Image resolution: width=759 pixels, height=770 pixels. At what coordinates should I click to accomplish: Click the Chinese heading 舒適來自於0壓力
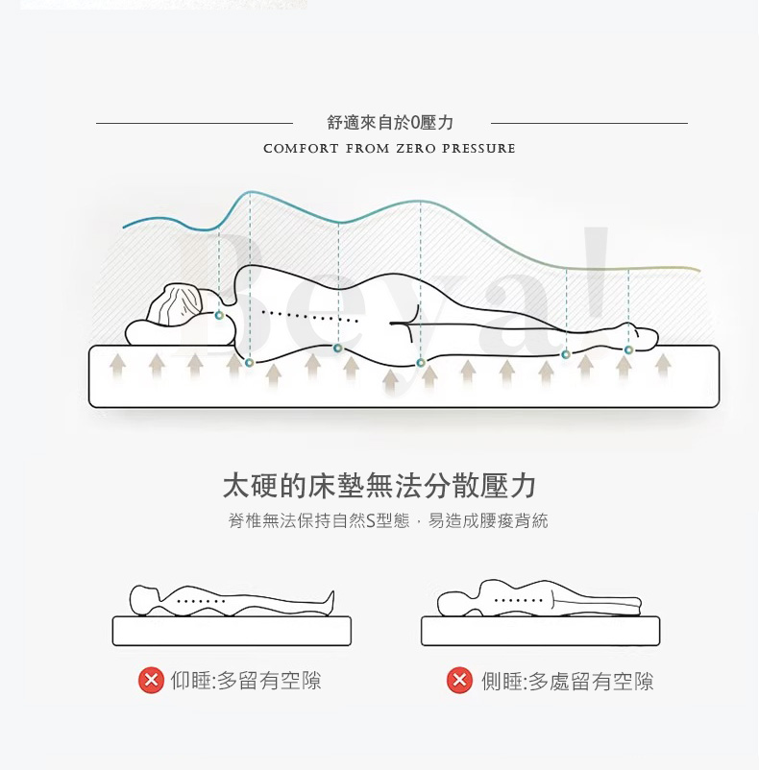(x=390, y=123)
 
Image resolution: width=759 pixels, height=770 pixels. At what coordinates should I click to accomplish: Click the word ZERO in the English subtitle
(x=416, y=148)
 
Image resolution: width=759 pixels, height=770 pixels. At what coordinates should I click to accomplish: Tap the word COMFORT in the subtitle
(x=301, y=148)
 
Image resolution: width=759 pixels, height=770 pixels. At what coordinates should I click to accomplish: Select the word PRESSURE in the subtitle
(x=478, y=148)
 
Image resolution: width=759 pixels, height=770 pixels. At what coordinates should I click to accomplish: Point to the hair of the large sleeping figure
(x=175, y=304)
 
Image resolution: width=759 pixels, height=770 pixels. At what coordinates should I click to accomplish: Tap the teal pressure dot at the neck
(x=220, y=315)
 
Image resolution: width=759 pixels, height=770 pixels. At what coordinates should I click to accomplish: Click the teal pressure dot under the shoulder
(x=249, y=362)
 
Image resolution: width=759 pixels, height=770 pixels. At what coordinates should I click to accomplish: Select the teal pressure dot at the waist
(x=337, y=349)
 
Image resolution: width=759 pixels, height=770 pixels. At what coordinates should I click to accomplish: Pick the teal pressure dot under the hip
(x=421, y=362)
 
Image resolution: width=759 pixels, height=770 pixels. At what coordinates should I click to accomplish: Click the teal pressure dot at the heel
(x=628, y=349)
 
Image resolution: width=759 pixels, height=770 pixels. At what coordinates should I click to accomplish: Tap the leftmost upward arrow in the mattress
(x=117, y=367)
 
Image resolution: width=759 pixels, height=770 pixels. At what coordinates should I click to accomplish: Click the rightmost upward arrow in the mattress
(x=663, y=367)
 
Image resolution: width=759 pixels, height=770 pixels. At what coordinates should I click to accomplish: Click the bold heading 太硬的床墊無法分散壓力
(x=379, y=486)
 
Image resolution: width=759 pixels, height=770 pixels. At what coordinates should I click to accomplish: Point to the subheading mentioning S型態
(x=388, y=520)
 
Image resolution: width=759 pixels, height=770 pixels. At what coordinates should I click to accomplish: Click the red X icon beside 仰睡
(x=151, y=680)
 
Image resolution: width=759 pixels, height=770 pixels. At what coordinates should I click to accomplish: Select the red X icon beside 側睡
(x=459, y=680)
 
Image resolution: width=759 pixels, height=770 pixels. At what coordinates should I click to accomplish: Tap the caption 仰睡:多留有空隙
(x=246, y=681)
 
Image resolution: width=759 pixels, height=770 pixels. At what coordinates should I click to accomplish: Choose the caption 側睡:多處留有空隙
(x=568, y=681)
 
